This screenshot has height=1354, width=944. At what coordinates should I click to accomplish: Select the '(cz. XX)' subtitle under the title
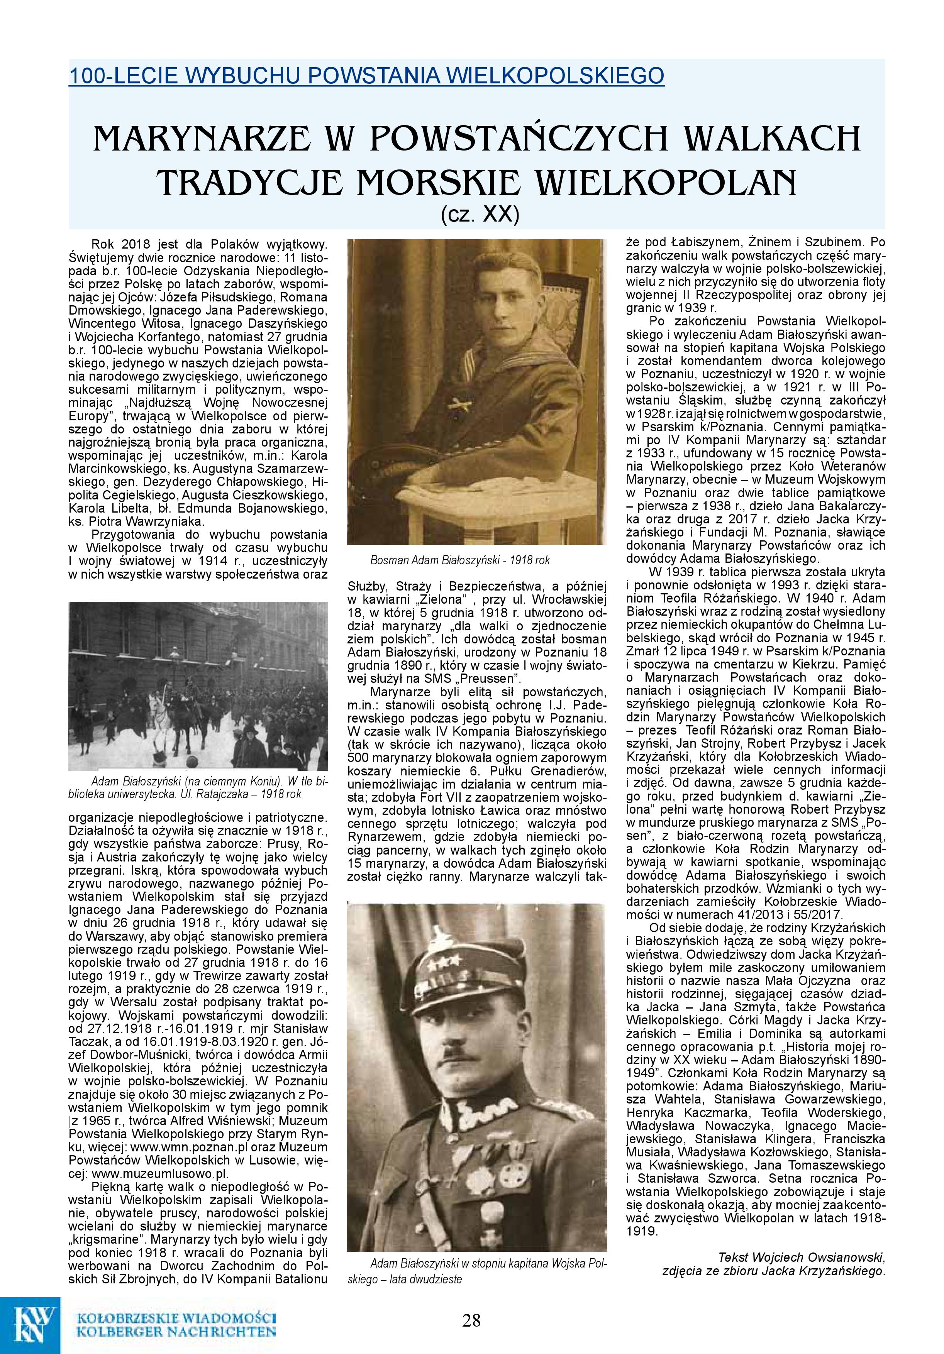(480, 215)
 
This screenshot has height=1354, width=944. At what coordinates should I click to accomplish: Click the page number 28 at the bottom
(471, 1320)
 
